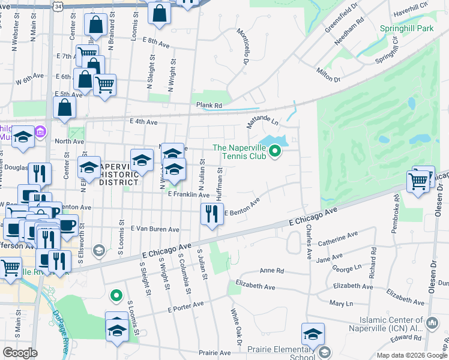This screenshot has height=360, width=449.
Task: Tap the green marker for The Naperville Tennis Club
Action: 276,151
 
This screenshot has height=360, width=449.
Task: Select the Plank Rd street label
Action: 209,105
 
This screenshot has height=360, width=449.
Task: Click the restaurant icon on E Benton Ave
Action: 211,214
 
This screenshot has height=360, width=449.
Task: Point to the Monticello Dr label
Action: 243,46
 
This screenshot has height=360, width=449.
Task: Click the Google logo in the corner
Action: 20,352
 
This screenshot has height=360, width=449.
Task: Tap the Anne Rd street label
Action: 271,270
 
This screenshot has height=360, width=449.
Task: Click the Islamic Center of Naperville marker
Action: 432,324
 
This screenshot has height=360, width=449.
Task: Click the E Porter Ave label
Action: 185,307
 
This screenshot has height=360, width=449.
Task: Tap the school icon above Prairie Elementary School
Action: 313,335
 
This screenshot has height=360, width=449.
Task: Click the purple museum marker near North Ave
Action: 40,131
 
